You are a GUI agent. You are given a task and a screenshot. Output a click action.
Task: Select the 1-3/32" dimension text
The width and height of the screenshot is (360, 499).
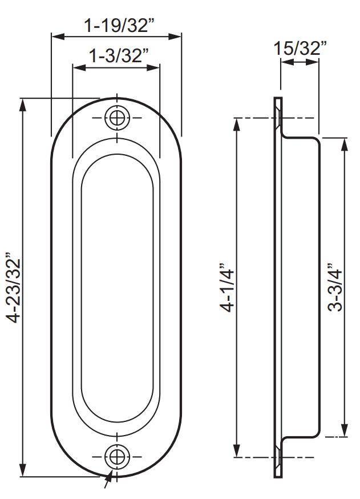119,56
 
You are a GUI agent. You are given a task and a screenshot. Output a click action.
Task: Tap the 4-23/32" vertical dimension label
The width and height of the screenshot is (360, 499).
14,288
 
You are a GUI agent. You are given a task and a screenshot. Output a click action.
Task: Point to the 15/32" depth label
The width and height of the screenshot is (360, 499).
300,49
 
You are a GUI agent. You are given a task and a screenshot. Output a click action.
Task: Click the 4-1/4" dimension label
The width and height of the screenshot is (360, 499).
228,287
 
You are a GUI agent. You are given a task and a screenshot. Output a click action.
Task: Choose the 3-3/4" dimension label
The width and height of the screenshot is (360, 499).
334,287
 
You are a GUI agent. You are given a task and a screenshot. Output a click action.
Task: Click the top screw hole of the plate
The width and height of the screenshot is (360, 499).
118,118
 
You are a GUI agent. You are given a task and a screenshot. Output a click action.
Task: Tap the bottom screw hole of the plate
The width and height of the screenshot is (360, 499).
118,457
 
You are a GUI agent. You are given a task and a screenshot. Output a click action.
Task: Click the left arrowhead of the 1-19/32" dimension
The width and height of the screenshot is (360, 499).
58,37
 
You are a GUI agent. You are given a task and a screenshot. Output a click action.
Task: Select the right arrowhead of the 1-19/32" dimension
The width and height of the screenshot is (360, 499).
175,37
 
